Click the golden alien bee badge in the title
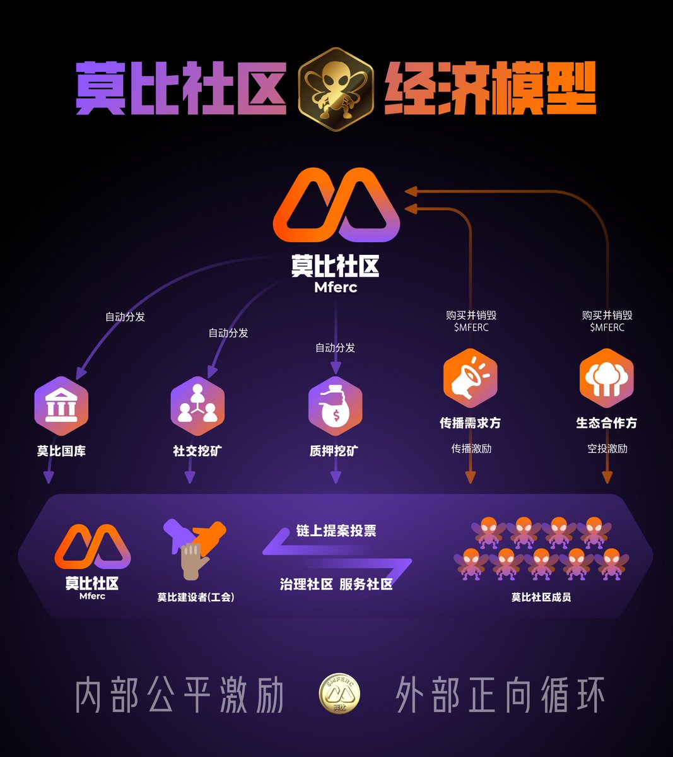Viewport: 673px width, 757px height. pos(336,89)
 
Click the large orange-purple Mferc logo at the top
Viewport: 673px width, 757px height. pos(336,205)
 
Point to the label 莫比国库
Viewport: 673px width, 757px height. pos(61,451)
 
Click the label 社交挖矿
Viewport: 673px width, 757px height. pos(197,451)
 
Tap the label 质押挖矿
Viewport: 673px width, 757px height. pos(334,451)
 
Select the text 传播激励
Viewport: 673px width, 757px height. pos(471,449)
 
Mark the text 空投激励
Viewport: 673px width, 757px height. pos(607,449)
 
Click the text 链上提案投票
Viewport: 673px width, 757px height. pos(336,531)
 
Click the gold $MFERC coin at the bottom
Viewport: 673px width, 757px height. pos(340,695)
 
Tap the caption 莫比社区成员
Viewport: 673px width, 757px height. pos(541,597)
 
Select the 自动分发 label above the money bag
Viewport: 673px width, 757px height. pos(335,348)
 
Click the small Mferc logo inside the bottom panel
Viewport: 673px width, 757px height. pos(92,547)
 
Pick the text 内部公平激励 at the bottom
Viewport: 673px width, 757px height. pos(180,695)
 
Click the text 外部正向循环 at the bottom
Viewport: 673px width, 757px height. pos(500,695)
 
